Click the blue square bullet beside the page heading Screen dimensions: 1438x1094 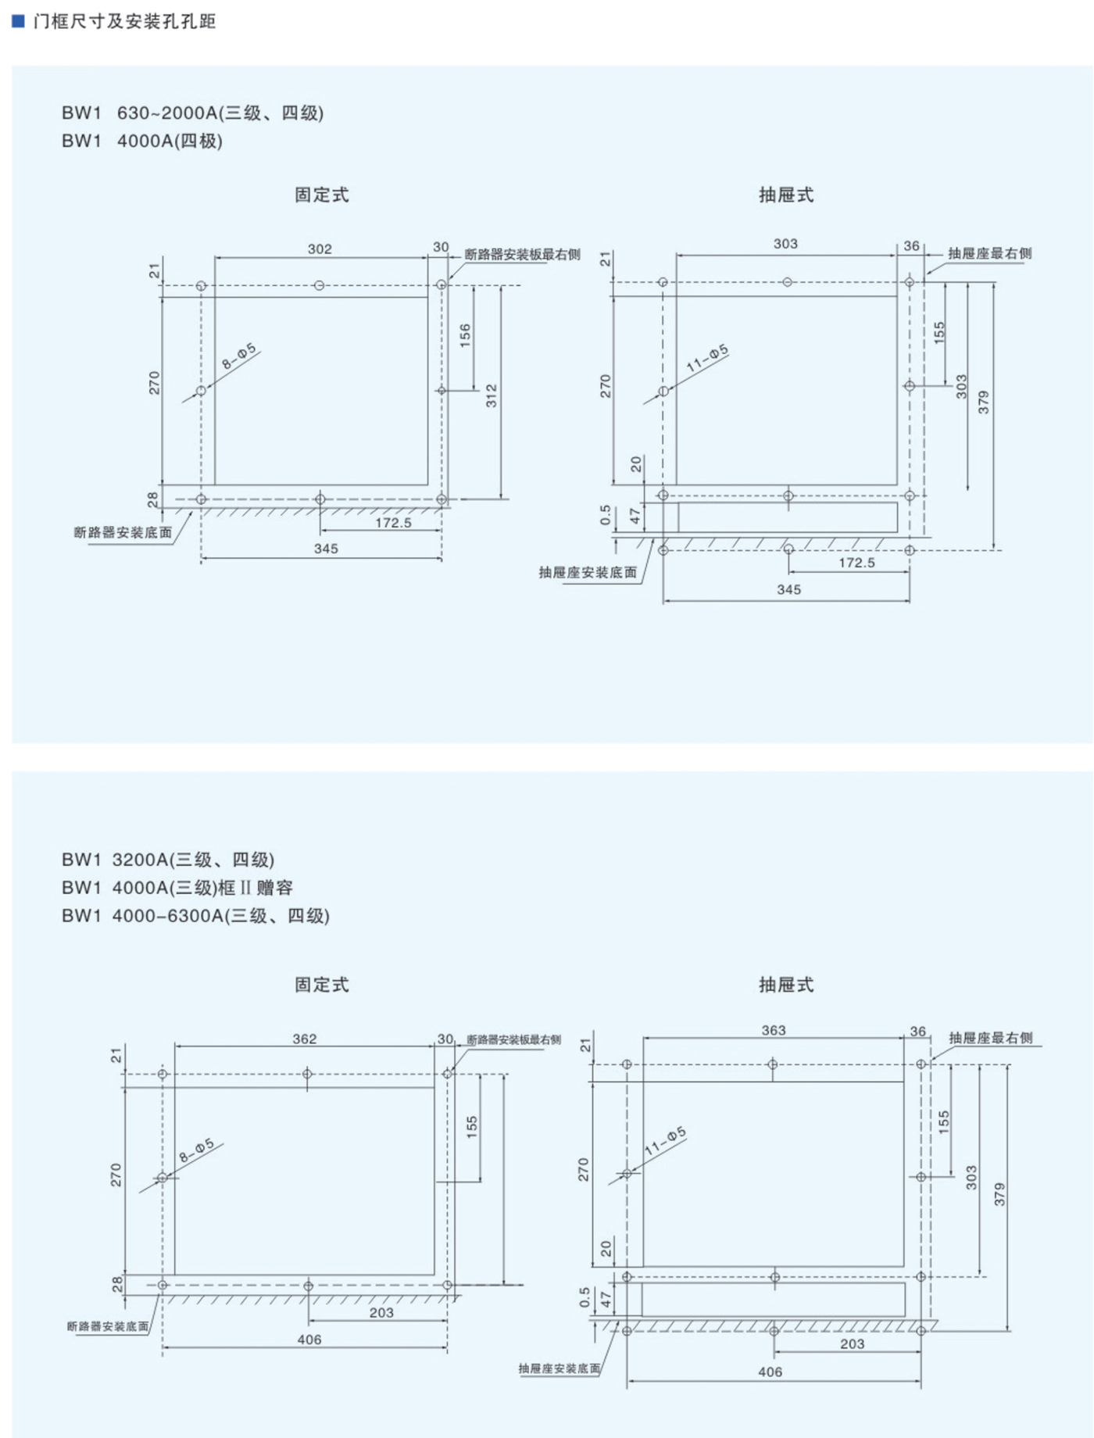click(19, 20)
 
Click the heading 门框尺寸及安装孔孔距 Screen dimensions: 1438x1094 click(125, 21)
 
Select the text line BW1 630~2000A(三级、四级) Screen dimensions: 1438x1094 click(192, 113)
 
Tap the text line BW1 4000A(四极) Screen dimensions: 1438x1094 click(142, 141)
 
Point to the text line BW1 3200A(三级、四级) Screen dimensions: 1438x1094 click(168, 860)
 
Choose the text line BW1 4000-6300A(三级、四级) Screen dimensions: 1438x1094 click(195, 916)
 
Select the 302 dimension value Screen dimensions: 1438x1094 click(320, 249)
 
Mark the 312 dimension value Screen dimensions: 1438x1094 click(492, 395)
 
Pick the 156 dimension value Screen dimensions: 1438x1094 click(466, 335)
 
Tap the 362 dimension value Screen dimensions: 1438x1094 click(305, 1039)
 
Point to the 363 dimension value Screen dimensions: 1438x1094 click(774, 1031)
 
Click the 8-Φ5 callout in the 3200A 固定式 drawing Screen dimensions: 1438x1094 click(196, 1150)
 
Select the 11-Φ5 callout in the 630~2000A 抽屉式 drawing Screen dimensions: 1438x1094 click(707, 357)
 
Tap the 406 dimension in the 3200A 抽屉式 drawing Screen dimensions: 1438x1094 click(770, 1372)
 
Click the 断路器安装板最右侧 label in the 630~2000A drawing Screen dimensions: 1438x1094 click(522, 255)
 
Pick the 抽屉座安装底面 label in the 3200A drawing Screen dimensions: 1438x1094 click(560, 1368)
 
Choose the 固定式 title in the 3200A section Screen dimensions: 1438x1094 click(322, 985)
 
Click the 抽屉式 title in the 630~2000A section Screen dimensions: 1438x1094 click(786, 195)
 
